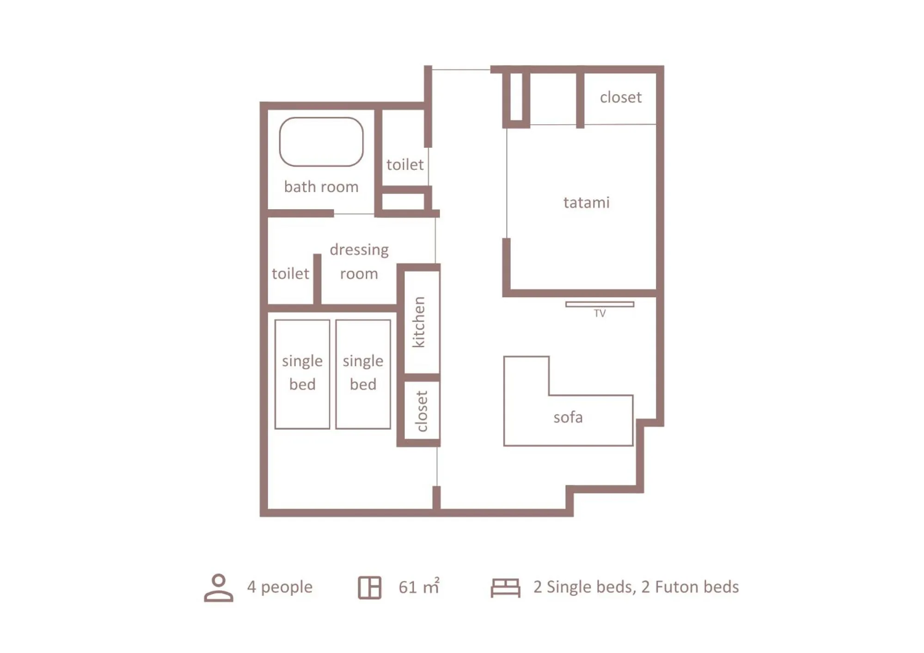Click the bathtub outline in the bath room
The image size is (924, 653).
coord(321,142)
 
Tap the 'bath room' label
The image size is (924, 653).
coord(321,187)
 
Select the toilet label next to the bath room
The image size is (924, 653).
coord(404,164)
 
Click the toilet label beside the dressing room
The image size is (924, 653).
coord(290,273)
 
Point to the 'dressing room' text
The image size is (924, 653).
coord(359,261)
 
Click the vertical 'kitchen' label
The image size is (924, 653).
coord(418,322)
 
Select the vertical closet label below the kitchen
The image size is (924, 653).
coord(421,411)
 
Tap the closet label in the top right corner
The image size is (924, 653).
coord(620,97)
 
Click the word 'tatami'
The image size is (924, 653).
coord(586,202)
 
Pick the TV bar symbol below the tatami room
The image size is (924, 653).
coord(600,304)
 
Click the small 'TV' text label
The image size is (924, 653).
coord(600,314)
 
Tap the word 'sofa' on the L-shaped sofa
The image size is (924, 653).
coord(568,417)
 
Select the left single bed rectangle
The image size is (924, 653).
coord(302,374)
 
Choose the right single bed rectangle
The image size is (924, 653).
coord(363,374)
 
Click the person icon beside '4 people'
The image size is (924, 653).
coord(218,587)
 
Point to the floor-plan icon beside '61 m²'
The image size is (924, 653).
coord(369,587)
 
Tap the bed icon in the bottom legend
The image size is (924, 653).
coord(505,587)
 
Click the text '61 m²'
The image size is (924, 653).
coord(419,587)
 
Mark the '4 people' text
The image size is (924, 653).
coord(279,587)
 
